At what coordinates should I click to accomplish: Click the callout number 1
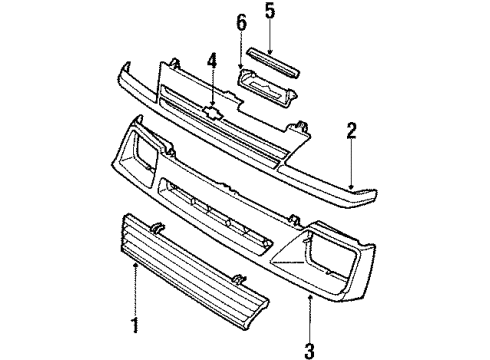[x=135, y=325]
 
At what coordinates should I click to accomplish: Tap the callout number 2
[x=351, y=131]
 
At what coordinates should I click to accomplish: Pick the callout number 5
[x=268, y=13]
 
